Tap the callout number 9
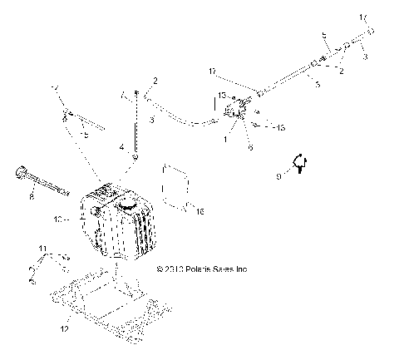point(280,175)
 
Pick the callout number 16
point(199,212)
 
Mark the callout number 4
point(121,146)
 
